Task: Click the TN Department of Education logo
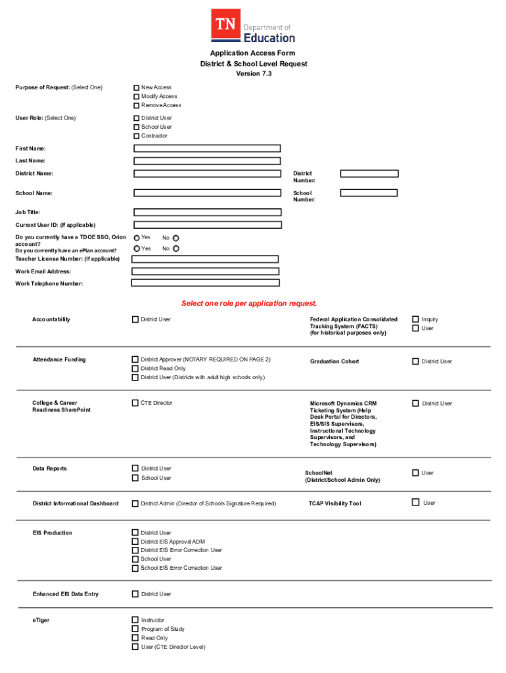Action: pos(253,26)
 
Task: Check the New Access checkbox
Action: pos(137,87)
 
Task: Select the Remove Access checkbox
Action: pos(137,105)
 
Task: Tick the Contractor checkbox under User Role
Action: pos(137,136)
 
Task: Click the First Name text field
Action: pos(207,149)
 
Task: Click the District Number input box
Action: pos(369,174)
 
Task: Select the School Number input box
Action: pos(369,193)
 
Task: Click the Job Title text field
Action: pos(207,213)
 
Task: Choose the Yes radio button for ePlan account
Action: pos(137,248)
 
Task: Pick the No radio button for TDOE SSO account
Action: pos(175,238)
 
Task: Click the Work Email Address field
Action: pos(205,271)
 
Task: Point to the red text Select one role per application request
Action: pos(249,304)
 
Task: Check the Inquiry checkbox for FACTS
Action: pos(415,319)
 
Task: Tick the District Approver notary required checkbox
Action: pos(135,360)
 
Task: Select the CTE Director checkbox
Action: pos(135,403)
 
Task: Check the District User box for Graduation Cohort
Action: pos(415,361)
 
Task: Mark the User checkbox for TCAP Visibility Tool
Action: pos(415,503)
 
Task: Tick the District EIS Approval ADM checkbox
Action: pos(135,542)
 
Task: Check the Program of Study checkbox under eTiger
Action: pos(135,629)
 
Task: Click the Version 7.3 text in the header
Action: pos(254,74)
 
